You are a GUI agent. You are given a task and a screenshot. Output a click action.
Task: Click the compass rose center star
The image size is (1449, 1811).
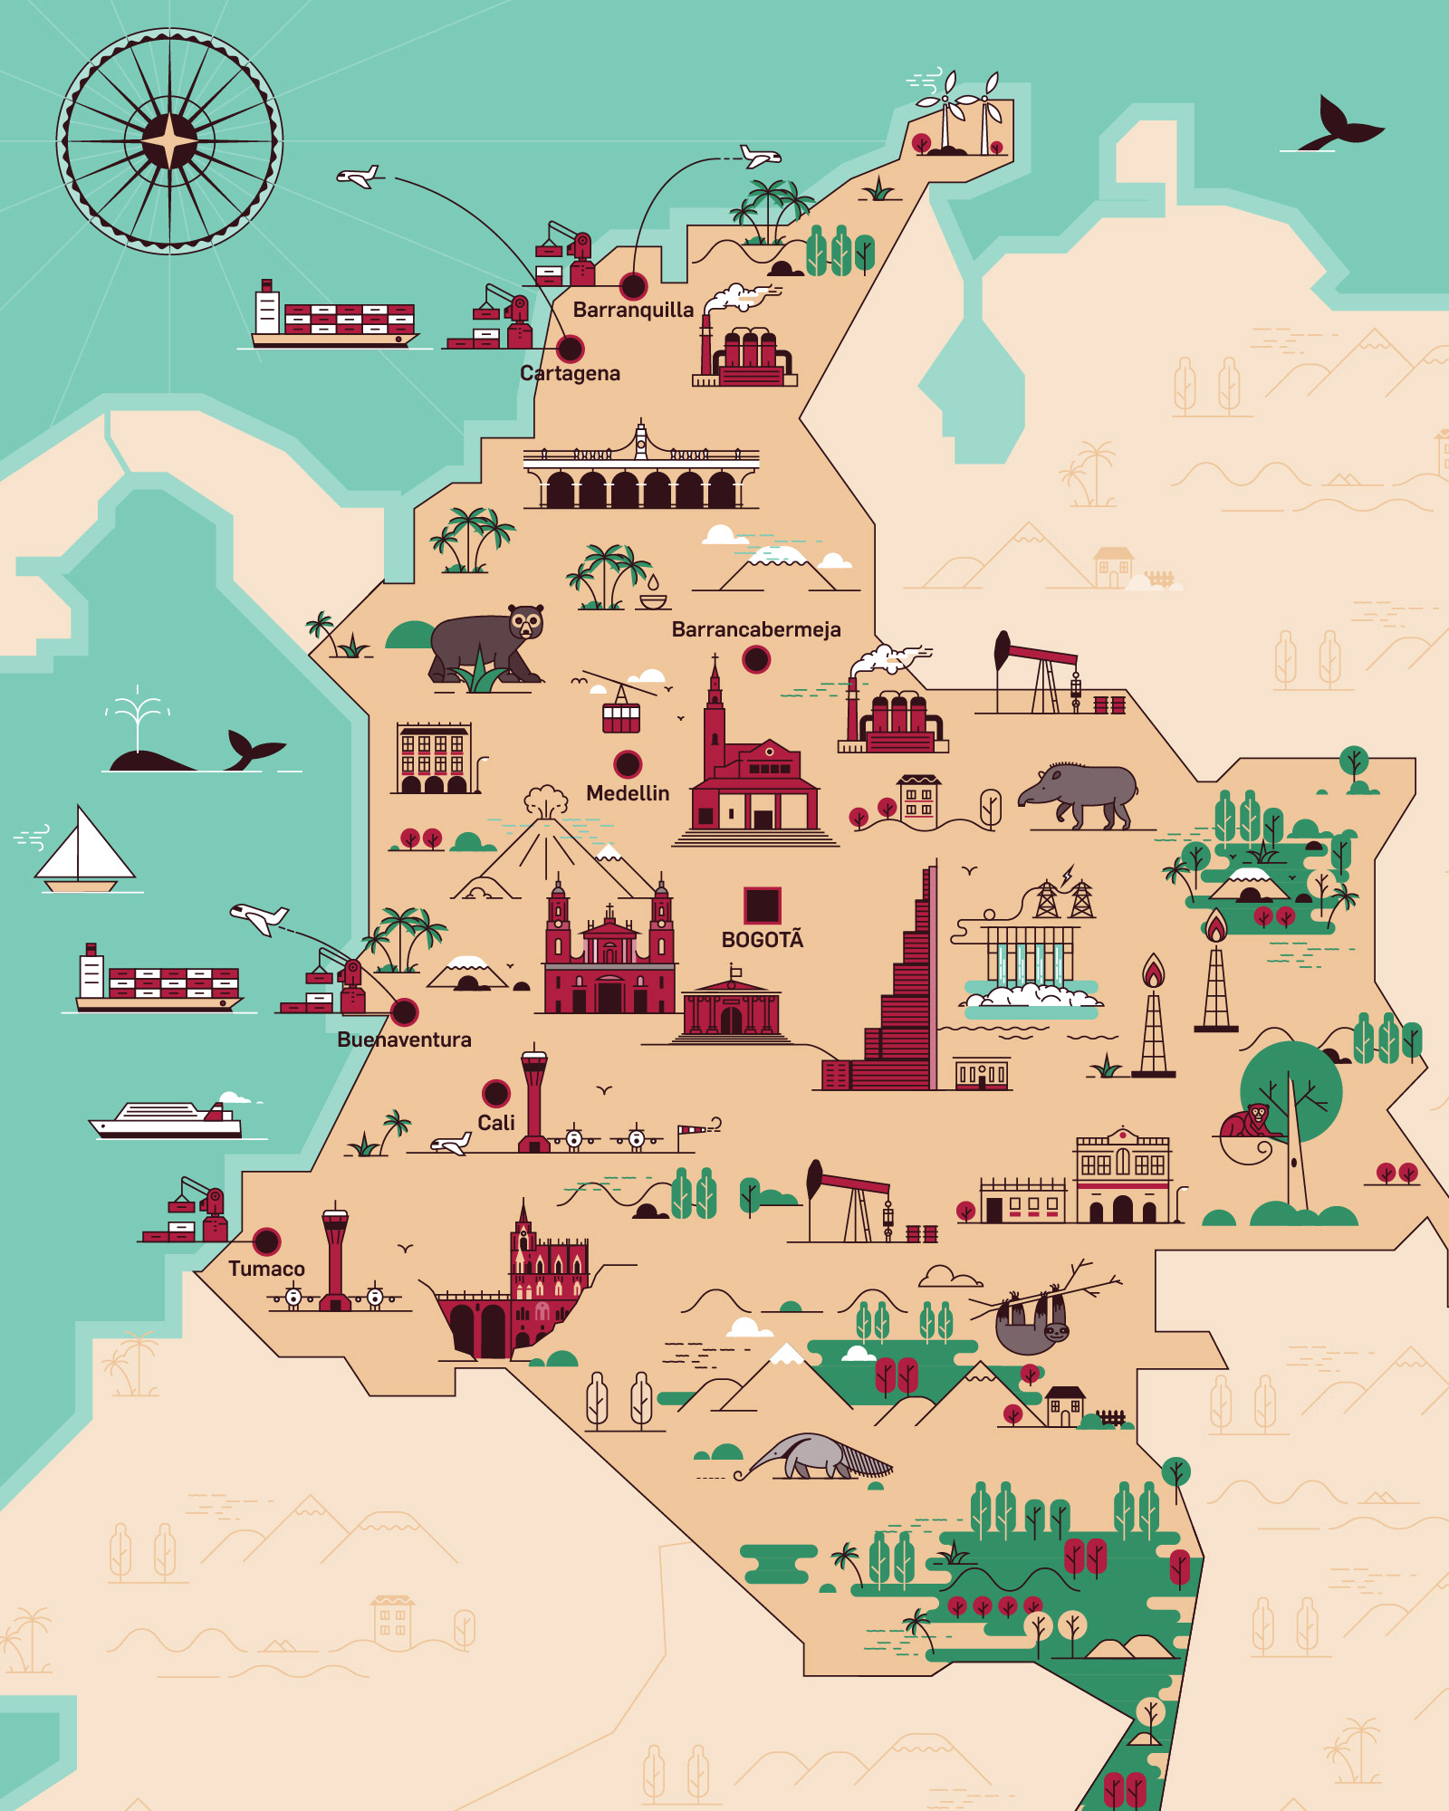pyautogui.click(x=169, y=141)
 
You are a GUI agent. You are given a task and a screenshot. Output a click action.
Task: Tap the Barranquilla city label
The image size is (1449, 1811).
pyautogui.click(x=633, y=310)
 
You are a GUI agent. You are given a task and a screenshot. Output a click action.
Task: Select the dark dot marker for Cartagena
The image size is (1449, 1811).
pyautogui.click(x=570, y=349)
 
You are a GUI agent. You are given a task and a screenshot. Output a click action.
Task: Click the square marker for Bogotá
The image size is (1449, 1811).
pyautogui.click(x=763, y=905)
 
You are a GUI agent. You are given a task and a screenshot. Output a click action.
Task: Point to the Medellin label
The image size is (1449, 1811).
pyautogui.click(x=628, y=793)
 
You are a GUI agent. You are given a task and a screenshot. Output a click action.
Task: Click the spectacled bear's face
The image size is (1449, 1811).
pyautogui.click(x=526, y=622)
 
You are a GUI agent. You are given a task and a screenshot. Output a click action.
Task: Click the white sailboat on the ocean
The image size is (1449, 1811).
pyautogui.click(x=83, y=851)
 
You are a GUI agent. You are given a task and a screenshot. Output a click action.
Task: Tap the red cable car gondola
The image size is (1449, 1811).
pyautogui.click(x=621, y=716)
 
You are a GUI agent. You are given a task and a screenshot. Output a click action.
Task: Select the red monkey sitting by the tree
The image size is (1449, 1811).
pyautogui.click(x=1249, y=1122)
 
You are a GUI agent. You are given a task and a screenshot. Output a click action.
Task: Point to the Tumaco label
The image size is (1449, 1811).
pyautogui.click(x=266, y=1269)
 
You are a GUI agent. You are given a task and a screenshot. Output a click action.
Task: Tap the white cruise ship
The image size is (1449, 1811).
pyautogui.click(x=168, y=1119)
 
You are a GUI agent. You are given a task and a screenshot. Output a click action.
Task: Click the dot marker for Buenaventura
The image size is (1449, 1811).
pyautogui.click(x=404, y=1011)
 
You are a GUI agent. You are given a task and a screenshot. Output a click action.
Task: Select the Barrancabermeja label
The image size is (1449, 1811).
pyautogui.click(x=755, y=629)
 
